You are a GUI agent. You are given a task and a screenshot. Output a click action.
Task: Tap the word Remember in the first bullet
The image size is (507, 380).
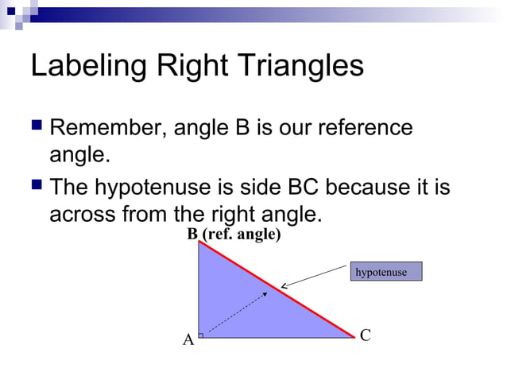(x=108, y=128)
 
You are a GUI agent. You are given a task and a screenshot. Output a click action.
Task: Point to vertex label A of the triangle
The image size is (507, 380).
(x=188, y=341)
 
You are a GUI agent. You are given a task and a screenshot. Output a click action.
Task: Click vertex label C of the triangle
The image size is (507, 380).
(x=365, y=335)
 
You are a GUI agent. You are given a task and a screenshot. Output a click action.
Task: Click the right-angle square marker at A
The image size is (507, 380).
(x=201, y=335)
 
